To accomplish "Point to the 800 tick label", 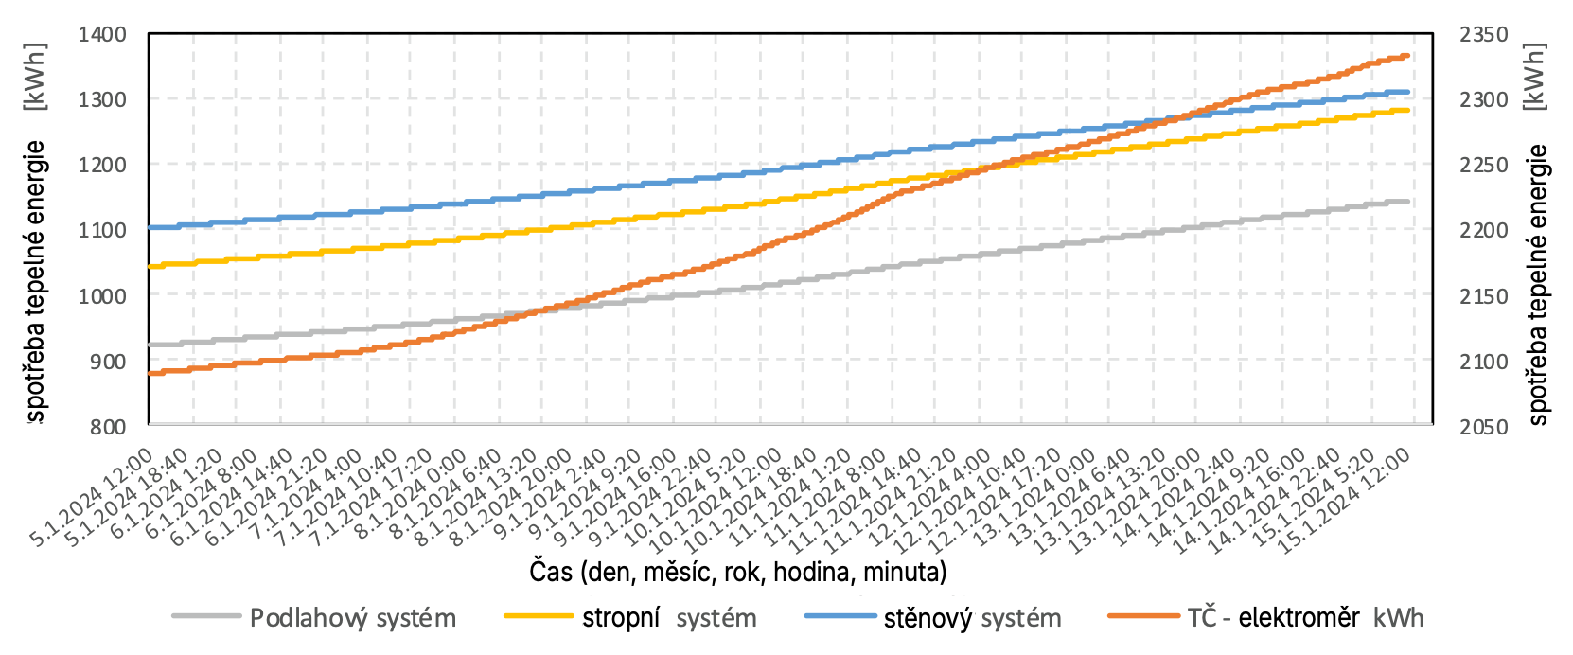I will pos(108,427).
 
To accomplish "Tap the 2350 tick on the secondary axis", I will pos(1483,35).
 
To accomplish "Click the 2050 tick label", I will pos(1483,427).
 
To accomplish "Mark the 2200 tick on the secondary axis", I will pos(1483,230).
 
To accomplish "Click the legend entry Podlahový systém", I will pos(352,618).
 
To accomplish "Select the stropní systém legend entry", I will pos(669,618).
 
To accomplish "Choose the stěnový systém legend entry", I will pos(972,618).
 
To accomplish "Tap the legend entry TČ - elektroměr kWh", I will pos(1305,618).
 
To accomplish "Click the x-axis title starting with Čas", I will pos(738,572).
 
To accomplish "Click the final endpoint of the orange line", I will pos(1408,56).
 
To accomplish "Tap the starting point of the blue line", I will pos(150,227).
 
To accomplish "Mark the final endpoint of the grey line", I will pos(1408,202).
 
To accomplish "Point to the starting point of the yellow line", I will pos(150,267).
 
